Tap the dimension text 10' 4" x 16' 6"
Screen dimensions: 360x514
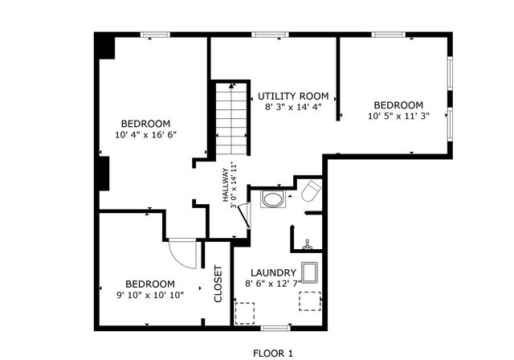(145, 134)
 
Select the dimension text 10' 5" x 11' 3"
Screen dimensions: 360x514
(398, 116)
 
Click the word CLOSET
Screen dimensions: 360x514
(218, 284)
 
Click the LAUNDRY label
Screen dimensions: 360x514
(274, 272)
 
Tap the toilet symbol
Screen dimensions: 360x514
(311, 191)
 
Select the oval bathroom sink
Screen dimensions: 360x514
(273, 198)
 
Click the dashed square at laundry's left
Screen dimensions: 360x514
(244, 311)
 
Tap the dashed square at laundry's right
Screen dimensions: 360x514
(310, 301)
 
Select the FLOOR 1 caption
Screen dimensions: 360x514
(274, 353)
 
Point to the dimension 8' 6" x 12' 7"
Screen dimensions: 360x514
(271, 283)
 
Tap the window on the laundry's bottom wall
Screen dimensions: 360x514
(275, 328)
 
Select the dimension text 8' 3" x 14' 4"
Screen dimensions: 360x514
(293, 106)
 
